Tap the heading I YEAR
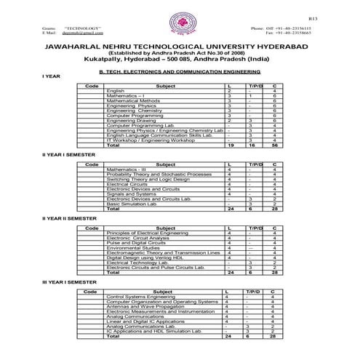(x=50, y=75)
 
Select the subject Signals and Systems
(x=131, y=194)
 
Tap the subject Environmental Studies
(x=133, y=248)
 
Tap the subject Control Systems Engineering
(x=141, y=297)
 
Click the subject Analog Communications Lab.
(x=140, y=327)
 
